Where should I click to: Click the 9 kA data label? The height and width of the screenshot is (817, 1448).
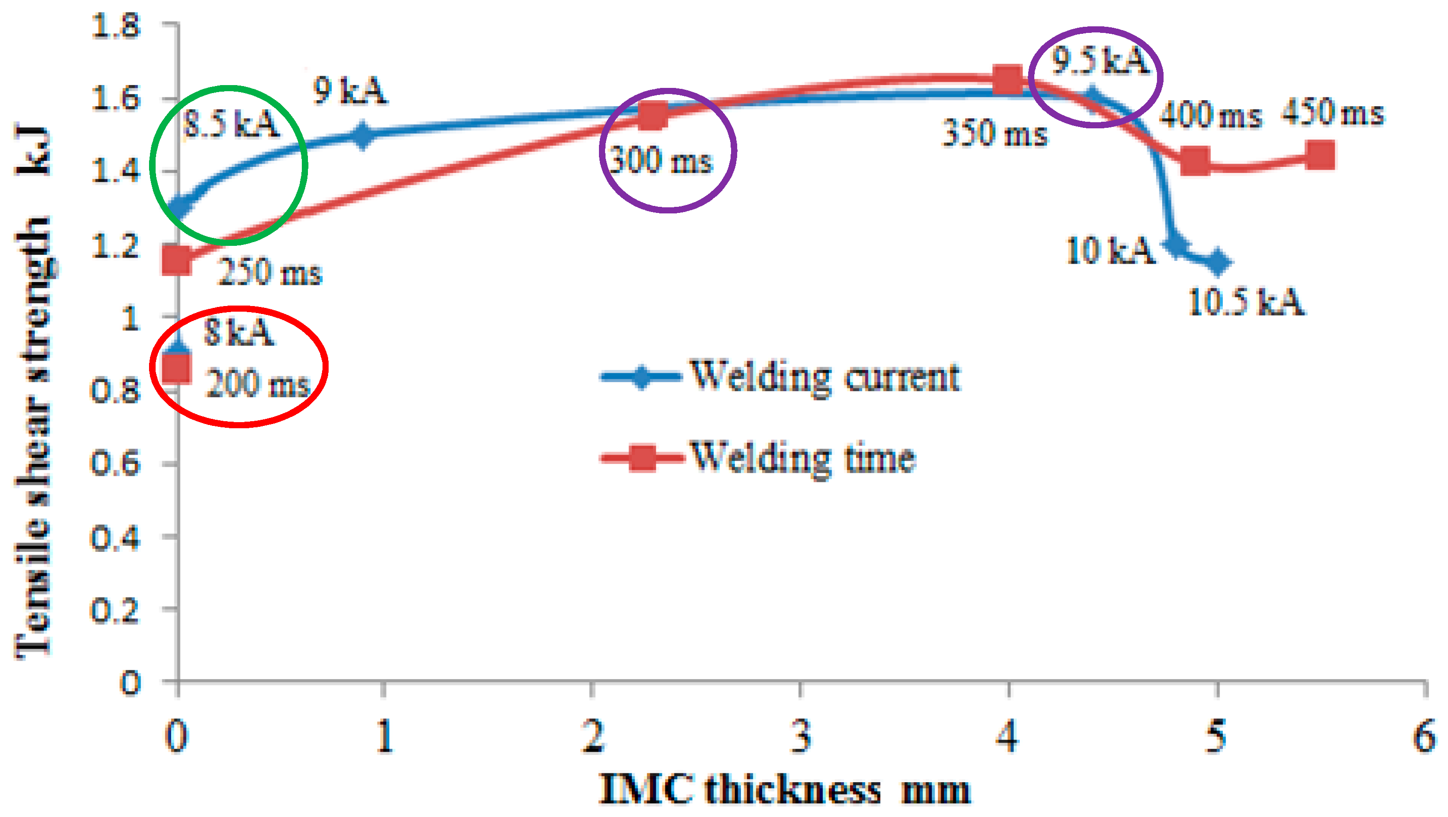(x=350, y=91)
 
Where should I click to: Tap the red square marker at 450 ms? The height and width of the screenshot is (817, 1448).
(x=1320, y=155)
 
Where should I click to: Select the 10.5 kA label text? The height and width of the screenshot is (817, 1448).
(x=1246, y=302)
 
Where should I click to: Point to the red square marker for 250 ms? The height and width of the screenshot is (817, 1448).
(x=176, y=260)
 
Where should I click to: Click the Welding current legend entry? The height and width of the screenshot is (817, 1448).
(x=781, y=377)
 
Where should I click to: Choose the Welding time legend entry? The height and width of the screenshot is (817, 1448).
(x=759, y=457)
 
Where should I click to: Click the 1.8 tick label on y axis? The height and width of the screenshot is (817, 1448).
(x=115, y=26)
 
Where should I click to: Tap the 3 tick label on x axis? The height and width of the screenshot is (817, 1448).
(x=801, y=736)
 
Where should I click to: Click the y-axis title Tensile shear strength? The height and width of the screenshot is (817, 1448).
(x=34, y=393)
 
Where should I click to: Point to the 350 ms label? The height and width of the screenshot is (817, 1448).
(x=994, y=134)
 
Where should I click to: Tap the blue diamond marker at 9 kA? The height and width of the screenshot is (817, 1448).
(x=362, y=135)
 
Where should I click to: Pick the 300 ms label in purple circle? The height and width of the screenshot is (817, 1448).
(x=661, y=161)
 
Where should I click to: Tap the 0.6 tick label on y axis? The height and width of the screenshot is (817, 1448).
(x=115, y=464)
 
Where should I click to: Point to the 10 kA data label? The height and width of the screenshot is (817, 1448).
(x=1110, y=251)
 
